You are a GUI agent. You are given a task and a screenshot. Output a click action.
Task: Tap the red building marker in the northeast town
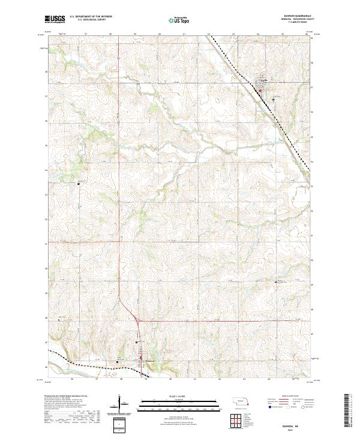click(260, 91)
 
